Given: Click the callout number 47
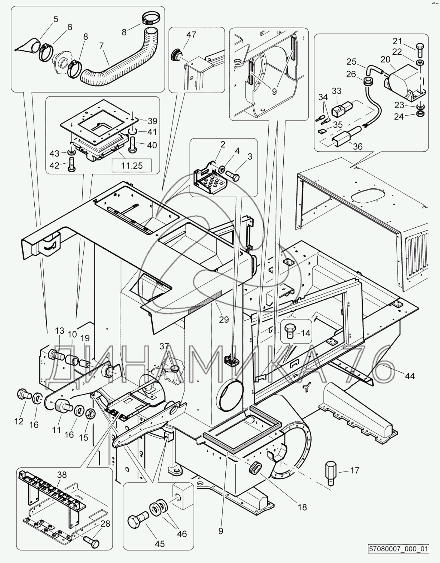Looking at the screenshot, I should click(191, 35).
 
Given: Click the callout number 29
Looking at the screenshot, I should click(224, 319).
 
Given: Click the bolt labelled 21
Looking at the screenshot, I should click(420, 50).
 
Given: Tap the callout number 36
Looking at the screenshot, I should click(357, 146).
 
